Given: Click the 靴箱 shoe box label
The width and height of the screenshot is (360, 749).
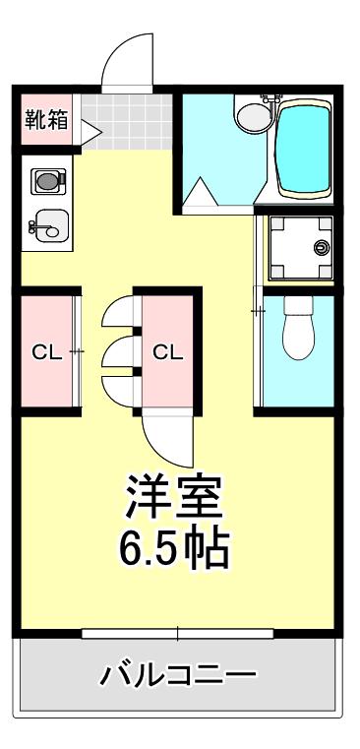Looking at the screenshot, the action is click(46, 119).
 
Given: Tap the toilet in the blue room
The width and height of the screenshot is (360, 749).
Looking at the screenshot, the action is click(298, 328).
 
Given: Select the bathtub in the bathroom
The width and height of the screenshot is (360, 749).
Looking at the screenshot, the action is click(304, 148).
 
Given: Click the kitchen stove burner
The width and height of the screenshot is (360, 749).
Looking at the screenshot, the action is click(48, 181).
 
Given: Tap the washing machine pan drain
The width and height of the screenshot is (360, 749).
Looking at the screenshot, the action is click(322, 247).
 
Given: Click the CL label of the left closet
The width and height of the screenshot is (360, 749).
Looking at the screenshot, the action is click(46, 353).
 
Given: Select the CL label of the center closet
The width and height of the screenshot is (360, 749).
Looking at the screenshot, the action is click(168, 353).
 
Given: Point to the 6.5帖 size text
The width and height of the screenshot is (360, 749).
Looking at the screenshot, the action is click(174, 548).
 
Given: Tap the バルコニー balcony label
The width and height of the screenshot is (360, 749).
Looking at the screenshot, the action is click(178, 675).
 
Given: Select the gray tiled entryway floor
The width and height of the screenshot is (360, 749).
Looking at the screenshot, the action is click(127, 122).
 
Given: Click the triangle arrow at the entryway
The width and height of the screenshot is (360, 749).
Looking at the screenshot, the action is click(90, 132).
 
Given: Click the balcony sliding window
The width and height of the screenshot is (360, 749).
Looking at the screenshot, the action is click(178, 634).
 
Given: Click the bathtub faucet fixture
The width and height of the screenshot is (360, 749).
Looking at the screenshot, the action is click(271, 99).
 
